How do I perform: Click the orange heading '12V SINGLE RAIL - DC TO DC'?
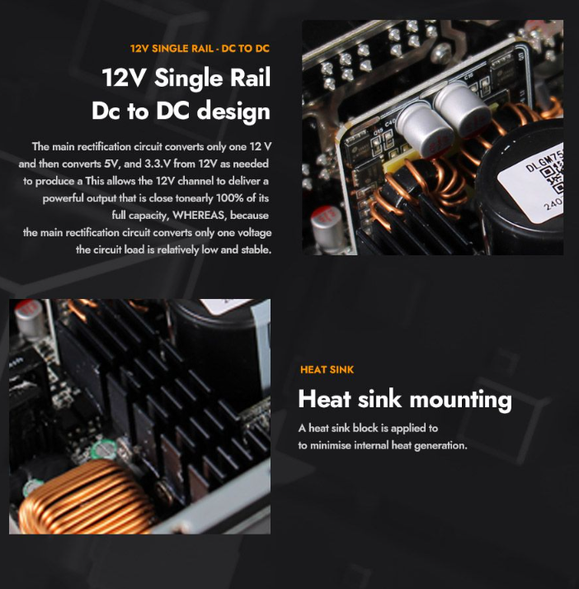click(200, 49)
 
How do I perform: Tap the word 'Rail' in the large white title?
click(250, 78)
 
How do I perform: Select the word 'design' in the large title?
click(233, 112)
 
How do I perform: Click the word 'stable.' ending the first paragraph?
click(257, 249)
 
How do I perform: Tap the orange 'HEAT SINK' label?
click(327, 369)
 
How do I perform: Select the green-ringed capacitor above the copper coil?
click(103, 449)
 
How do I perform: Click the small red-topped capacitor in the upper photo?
click(327, 227)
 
